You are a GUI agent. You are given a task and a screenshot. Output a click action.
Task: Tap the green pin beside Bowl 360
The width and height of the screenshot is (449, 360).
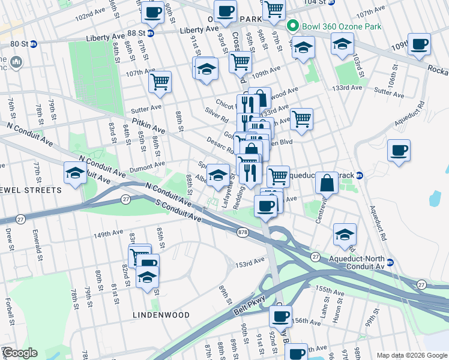point(293,26)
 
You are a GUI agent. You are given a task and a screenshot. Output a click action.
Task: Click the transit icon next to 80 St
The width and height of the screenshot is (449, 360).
point(34,44)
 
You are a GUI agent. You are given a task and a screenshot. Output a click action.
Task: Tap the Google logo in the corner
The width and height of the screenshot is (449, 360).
point(19,353)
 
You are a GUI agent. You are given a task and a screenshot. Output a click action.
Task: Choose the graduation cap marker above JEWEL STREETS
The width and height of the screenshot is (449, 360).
point(75,173)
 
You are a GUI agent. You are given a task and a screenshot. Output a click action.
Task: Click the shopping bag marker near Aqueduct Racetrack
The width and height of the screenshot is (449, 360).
point(328,182)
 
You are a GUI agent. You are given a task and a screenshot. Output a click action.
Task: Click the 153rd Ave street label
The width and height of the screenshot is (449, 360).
point(250,263)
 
